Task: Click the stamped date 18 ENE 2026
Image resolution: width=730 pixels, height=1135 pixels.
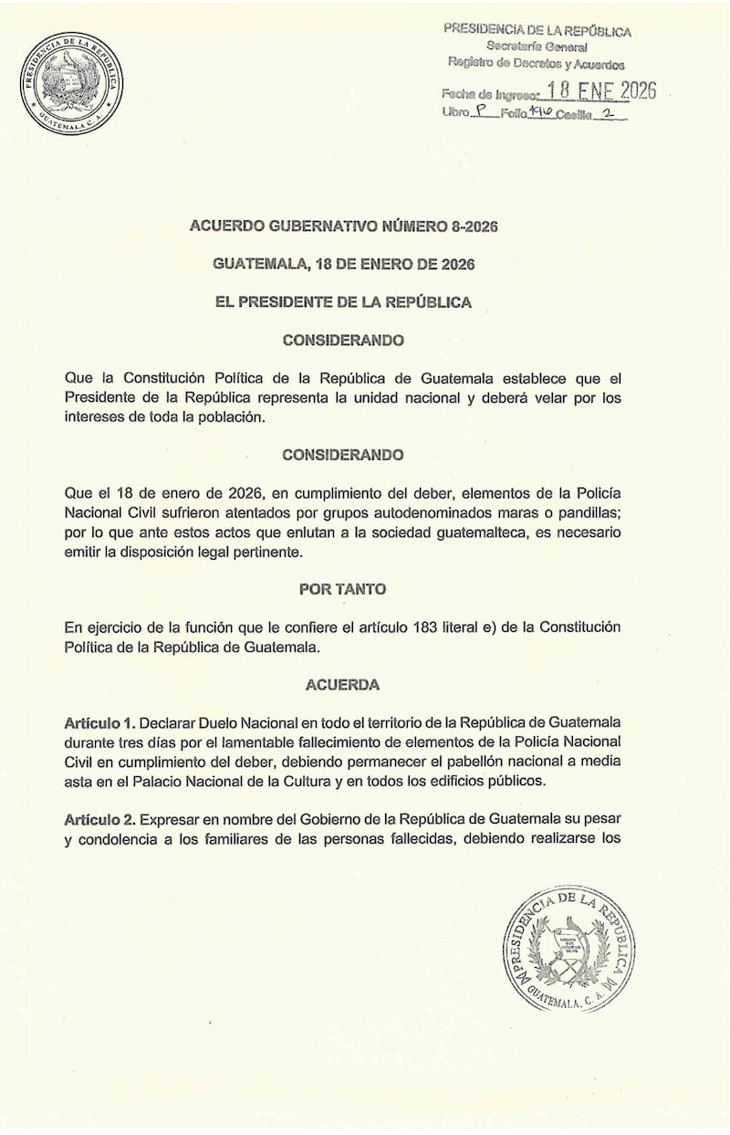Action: [600, 92]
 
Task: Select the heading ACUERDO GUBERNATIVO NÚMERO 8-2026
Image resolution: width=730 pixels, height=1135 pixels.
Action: [342, 227]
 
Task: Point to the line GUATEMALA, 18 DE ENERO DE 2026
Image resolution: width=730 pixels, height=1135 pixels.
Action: [342, 265]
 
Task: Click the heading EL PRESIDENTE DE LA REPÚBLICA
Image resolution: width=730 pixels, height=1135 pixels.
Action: [342, 302]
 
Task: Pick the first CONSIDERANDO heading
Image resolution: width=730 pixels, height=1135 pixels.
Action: [342, 340]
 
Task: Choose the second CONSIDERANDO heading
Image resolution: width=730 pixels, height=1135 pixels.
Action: [342, 454]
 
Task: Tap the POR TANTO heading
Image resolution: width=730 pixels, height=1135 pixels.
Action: [342, 589]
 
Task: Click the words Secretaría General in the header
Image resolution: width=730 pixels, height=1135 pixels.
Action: [537, 47]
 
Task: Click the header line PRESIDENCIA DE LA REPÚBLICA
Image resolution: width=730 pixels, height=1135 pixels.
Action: [537, 29]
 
